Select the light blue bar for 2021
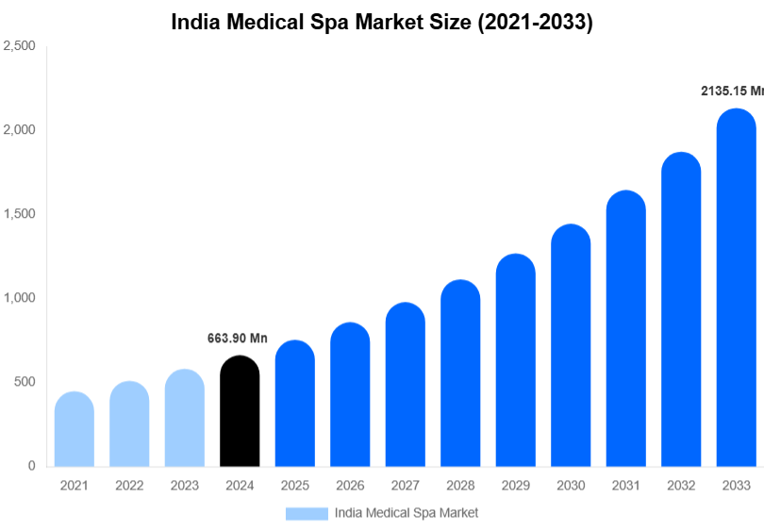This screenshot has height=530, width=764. click(75, 429)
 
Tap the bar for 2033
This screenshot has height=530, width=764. click(736, 288)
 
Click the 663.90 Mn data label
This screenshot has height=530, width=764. click(238, 338)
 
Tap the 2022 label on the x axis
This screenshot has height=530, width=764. click(129, 486)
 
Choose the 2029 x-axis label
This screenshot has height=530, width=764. click(515, 486)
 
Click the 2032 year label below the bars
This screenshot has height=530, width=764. click(680, 486)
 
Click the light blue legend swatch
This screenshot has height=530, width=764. click(307, 513)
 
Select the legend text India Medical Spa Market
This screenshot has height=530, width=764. click(407, 513)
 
